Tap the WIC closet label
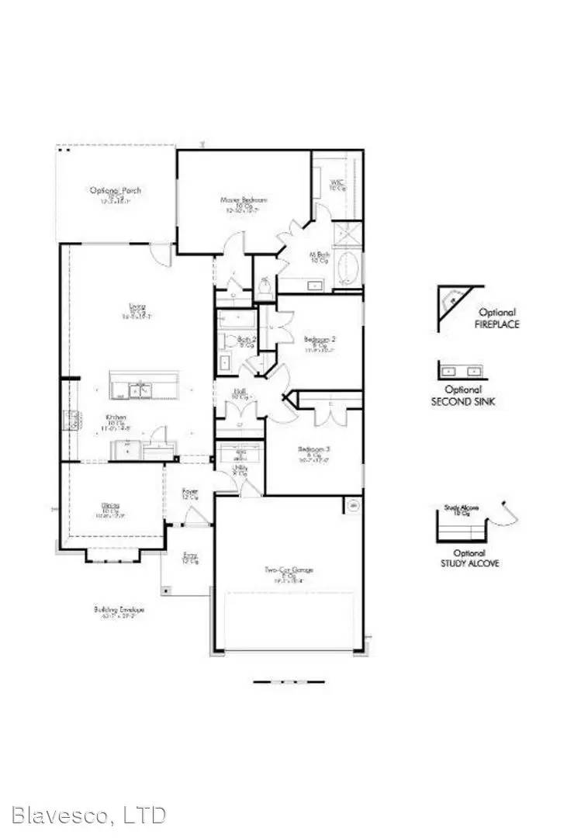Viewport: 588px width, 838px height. coord(337,184)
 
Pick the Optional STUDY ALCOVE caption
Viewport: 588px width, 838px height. coord(463,557)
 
